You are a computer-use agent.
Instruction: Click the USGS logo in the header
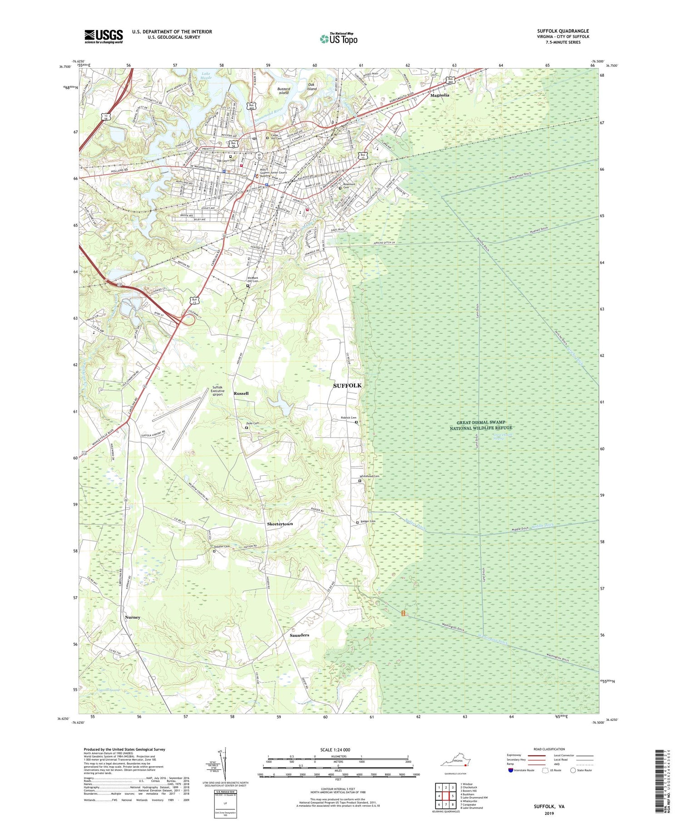point(104,36)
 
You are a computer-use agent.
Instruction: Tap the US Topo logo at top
point(338,39)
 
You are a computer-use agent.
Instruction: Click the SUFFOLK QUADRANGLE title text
point(563,31)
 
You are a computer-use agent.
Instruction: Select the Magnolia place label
point(439,95)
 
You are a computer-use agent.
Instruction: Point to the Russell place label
point(241,393)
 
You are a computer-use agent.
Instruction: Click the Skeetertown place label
point(279,524)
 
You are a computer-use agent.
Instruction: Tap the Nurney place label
point(133,617)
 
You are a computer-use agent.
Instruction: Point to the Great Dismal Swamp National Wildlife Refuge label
point(481,425)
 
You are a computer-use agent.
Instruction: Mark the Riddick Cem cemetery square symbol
point(356,422)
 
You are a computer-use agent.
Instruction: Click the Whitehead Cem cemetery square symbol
point(360,481)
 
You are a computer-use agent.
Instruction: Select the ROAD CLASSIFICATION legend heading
point(549,749)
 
